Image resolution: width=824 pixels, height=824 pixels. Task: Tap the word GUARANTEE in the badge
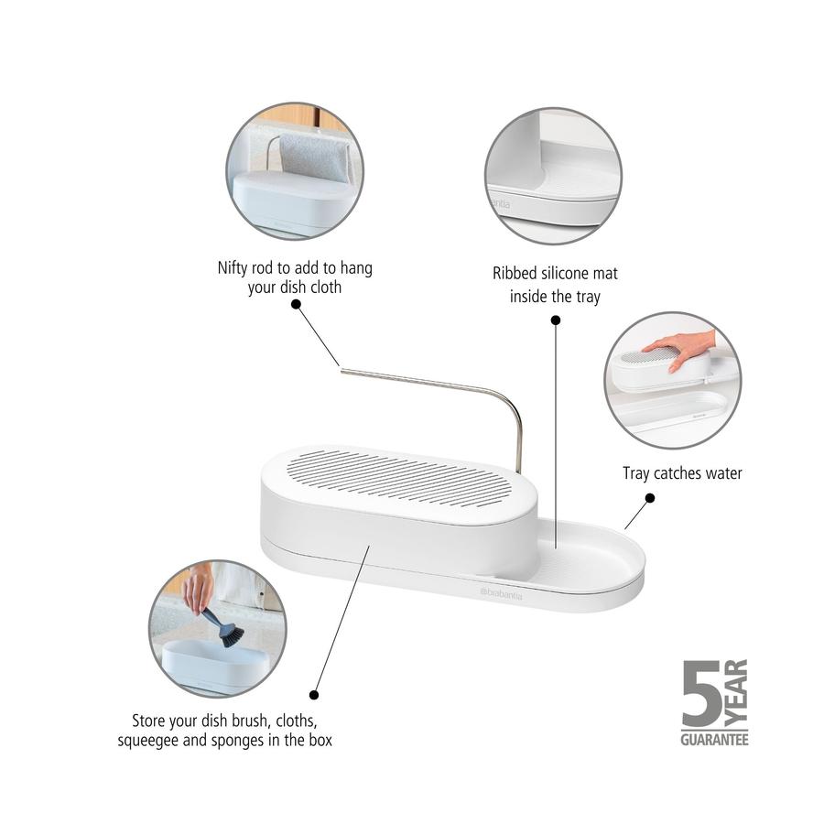[x=713, y=738]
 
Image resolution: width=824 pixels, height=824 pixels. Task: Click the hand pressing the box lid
[x=679, y=349]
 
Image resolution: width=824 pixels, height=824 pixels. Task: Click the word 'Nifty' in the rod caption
[x=233, y=269]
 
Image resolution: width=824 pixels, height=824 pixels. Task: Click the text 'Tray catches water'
[x=682, y=473]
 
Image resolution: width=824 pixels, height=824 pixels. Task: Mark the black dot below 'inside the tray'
[x=555, y=320]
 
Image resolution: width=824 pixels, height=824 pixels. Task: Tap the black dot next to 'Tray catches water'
[x=650, y=498]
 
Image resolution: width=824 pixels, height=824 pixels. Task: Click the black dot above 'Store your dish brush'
[x=314, y=695]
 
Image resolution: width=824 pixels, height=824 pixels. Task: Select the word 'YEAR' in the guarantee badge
[x=736, y=691]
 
